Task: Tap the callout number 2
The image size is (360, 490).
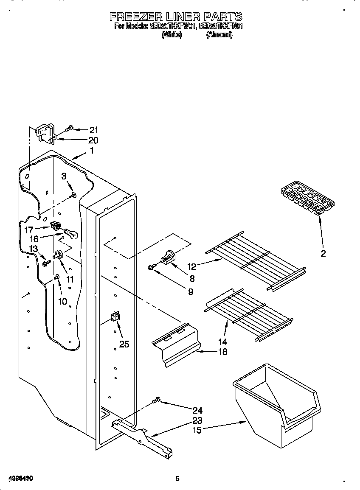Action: pos(323,254)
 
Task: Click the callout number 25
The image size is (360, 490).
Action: pos(124,344)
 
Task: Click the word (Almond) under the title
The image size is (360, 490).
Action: pos(219,35)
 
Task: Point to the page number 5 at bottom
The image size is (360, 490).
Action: pos(178,479)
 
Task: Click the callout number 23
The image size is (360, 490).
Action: pos(197,420)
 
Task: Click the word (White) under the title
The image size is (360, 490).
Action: pos(172,35)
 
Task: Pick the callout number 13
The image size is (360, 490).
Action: pos(33,249)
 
